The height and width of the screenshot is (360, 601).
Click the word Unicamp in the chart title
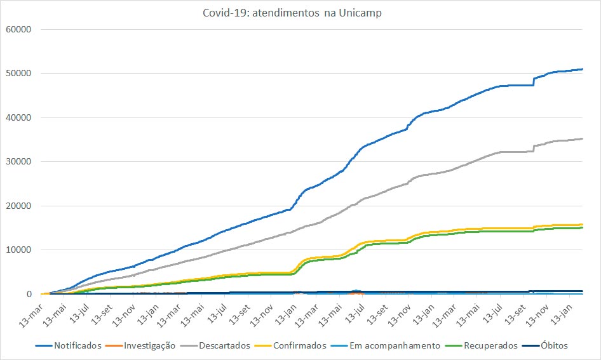tap(360, 13)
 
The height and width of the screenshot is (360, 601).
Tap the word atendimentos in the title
tap(286, 13)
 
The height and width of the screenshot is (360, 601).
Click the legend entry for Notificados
tap(76, 346)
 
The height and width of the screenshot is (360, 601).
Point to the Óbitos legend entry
tap(552, 346)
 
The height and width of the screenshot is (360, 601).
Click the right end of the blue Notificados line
tap(583, 69)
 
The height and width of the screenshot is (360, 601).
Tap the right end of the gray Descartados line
tap(583, 139)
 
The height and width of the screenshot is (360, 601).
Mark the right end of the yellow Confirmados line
tap(583, 224)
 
